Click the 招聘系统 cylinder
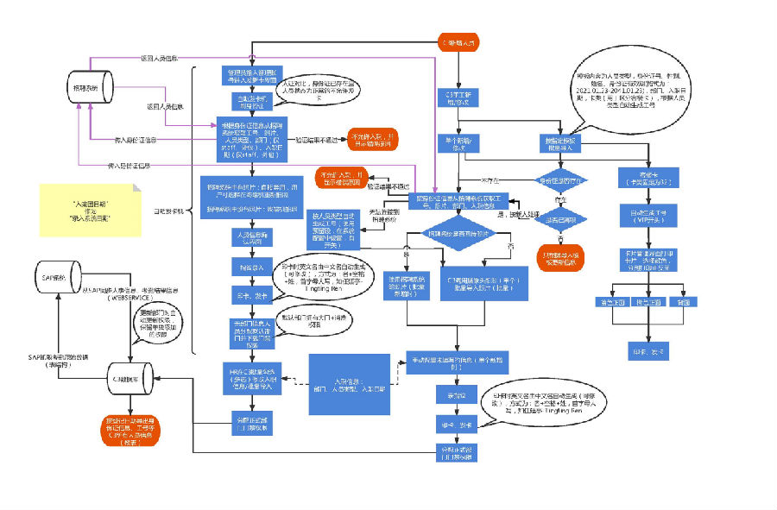point(91,87)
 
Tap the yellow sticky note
point(90,210)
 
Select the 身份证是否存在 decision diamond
point(561,180)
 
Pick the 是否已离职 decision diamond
point(561,218)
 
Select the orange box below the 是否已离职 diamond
point(561,256)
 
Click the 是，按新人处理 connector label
point(527,212)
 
